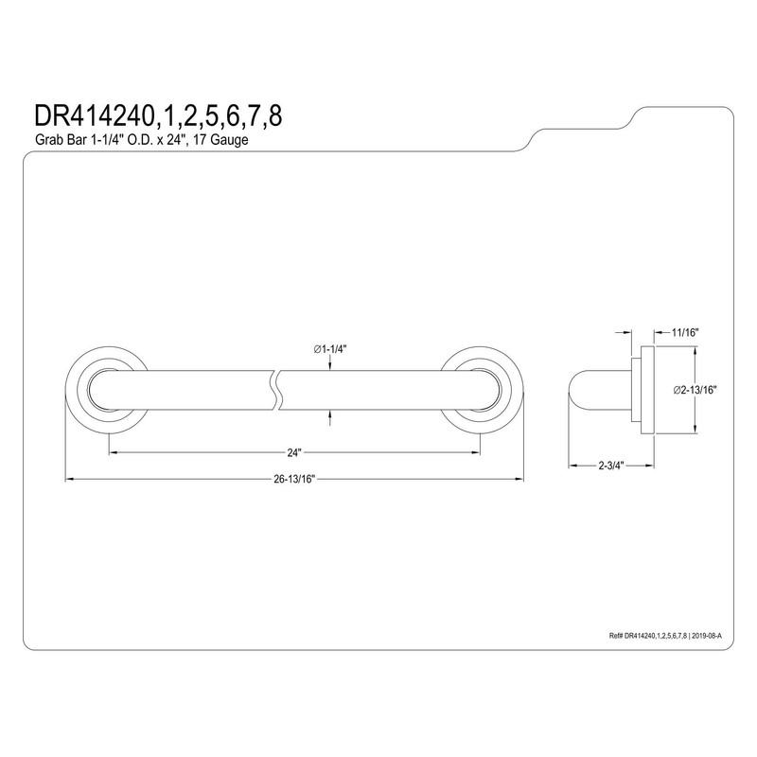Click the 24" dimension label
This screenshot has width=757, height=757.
(x=294, y=452)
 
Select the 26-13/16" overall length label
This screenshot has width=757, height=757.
(x=294, y=479)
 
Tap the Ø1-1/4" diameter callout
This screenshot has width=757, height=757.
(x=330, y=349)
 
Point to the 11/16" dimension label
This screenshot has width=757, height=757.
(x=685, y=332)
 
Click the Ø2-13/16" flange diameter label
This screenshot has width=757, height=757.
(x=695, y=390)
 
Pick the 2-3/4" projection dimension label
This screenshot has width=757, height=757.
(x=611, y=466)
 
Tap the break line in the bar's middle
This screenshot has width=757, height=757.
(x=277, y=391)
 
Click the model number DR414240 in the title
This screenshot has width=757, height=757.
(x=92, y=115)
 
